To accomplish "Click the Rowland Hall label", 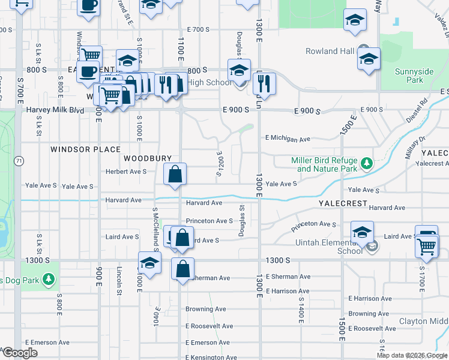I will (330, 52).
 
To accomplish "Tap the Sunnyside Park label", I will (414, 76).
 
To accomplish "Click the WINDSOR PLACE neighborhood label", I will (85, 149).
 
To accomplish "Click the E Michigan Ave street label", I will (288, 139).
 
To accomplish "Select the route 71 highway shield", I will (20, 161).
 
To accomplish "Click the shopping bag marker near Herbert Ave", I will (175, 175).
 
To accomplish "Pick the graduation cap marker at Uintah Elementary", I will (362, 232).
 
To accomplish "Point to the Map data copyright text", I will (412, 355).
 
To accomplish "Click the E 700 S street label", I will (197, 29).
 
